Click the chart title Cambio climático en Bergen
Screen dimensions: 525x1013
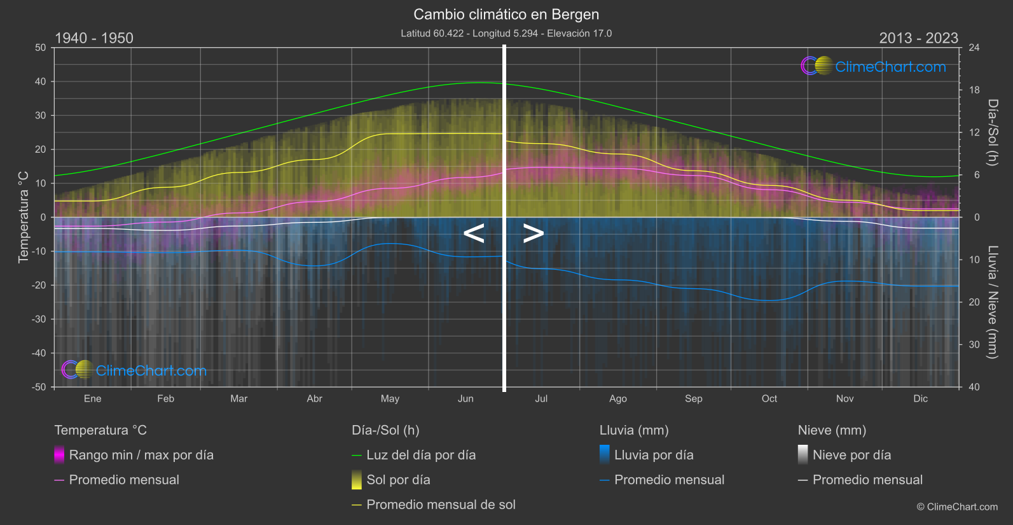506,14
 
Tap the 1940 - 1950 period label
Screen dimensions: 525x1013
94,38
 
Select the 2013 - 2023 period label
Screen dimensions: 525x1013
918,38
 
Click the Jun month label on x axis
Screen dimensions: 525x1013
465,398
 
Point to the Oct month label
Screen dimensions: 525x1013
769,398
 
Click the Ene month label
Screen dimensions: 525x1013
92,398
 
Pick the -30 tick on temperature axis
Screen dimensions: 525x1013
39,319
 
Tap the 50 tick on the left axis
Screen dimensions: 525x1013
41,48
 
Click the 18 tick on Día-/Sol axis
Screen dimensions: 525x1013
974,90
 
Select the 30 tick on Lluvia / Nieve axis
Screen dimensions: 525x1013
974,344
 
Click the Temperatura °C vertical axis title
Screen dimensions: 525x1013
24,216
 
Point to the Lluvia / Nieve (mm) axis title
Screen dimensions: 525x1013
993,302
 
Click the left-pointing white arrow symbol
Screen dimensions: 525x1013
474,234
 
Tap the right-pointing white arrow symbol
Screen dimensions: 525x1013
533,234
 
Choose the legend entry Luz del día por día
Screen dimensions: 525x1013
420,455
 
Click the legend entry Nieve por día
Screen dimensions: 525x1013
851,455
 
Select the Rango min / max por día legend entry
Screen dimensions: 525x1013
141,455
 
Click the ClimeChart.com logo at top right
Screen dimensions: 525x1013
874,66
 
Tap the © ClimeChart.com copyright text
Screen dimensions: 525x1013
957,507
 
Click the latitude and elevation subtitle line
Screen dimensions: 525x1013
506,33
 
